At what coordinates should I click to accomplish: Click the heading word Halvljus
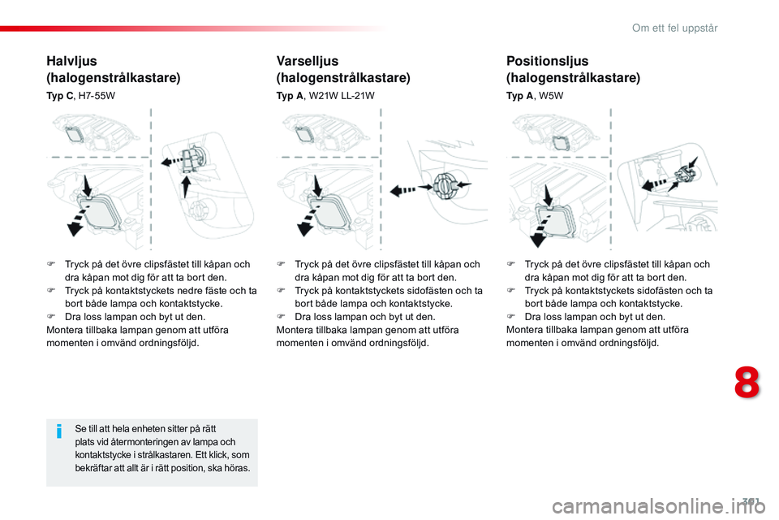coord(74,61)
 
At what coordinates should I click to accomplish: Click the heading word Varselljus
coord(308,61)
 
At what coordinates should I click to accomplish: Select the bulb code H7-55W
coord(97,96)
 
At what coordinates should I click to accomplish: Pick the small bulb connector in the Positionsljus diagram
coord(685,171)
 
